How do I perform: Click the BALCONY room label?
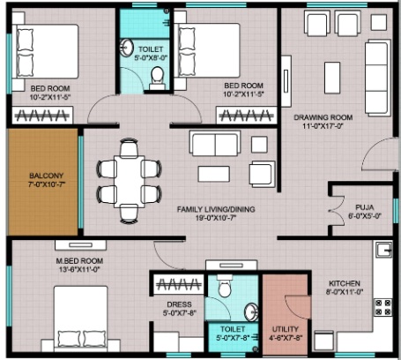pyautogui.click(x=47, y=176)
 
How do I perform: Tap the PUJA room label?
pyautogui.click(x=365, y=207)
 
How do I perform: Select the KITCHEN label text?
pyautogui.click(x=345, y=283)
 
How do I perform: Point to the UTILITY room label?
pyautogui.click(x=286, y=329)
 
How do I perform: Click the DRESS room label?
pyautogui.click(x=179, y=304)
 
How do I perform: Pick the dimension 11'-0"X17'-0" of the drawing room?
pyautogui.click(x=323, y=126)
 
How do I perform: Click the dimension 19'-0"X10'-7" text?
pyautogui.click(x=216, y=218)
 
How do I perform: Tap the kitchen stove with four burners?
pyautogui.click(x=382, y=307)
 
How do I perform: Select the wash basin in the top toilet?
pyautogui.click(x=127, y=47)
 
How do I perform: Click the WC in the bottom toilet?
pyautogui.click(x=225, y=286)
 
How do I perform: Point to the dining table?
pyautogui.click(x=130, y=181)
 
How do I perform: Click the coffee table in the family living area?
pyautogui.click(x=214, y=174)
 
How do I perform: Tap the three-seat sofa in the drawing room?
pyautogui.click(x=377, y=78)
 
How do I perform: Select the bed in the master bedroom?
pyautogui.click(x=80, y=319)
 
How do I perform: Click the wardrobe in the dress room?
pyautogui.click(x=179, y=284)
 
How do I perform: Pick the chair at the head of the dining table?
pyautogui.click(x=130, y=147)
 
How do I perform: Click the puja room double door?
pyautogui.click(x=337, y=210)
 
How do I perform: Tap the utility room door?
pyautogui.click(x=298, y=308)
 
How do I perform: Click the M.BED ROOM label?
pyautogui.click(x=79, y=261)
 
